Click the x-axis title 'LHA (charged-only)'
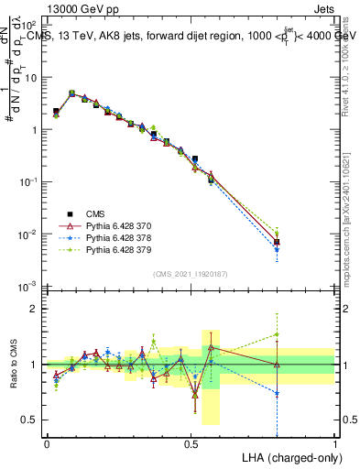pyautogui.click(x=290, y=456)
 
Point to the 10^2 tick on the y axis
pyautogui.click(x=31, y=25)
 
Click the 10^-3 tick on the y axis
pyautogui.click(x=31, y=288)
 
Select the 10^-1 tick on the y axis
pyautogui.click(x=31, y=182)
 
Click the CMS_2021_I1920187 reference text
pyautogui.click(x=191, y=274)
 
